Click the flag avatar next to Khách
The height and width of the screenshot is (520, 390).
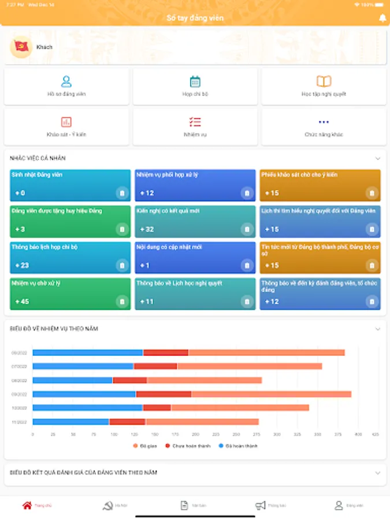(x=21, y=47)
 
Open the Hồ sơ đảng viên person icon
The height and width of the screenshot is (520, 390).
(x=66, y=81)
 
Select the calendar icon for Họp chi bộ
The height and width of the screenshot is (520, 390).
(x=195, y=81)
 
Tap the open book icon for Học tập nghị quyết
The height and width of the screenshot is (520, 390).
(x=324, y=81)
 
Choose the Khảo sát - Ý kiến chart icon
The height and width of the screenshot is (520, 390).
(x=66, y=122)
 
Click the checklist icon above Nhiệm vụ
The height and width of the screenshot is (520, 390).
(x=195, y=122)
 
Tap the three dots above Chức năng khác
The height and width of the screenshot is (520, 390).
(x=324, y=122)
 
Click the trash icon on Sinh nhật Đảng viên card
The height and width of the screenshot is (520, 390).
(x=122, y=193)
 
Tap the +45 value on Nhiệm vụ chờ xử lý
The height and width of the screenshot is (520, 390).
(x=22, y=302)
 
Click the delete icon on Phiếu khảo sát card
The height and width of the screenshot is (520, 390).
(x=372, y=193)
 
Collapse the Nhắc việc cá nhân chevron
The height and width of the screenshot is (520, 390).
(x=378, y=158)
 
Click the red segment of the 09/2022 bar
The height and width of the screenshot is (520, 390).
(x=164, y=394)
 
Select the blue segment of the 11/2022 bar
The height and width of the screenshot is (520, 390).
(x=70, y=422)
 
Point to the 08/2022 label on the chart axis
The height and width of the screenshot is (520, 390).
(x=20, y=380)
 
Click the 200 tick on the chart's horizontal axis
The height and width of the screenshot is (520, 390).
(x=196, y=434)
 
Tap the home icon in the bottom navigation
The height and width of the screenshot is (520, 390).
(x=27, y=506)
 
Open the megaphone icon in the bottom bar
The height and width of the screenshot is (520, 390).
(x=261, y=506)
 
